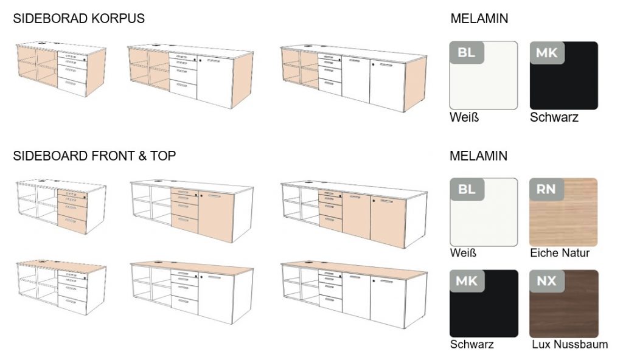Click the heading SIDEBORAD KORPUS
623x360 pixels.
pos(79,19)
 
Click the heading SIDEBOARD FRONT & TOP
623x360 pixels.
pos(94,156)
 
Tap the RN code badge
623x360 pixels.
pos(546,189)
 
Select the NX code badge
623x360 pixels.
pos(546,281)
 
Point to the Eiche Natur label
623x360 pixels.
pos(559,252)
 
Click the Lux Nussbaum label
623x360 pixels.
pos(569,344)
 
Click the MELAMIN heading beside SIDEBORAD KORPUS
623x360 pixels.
pos(479,19)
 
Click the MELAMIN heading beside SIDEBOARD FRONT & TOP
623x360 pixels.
pos(478,156)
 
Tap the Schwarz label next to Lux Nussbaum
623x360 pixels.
pos(472,344)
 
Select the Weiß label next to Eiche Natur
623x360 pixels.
pos(464,252)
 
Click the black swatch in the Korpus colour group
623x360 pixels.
pos(563,75)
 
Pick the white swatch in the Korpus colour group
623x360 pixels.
pos(484,75)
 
